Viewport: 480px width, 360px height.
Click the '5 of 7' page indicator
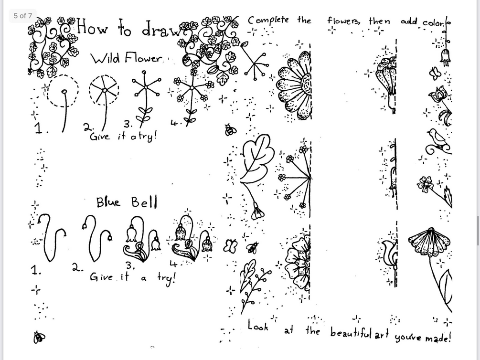click(22, 16)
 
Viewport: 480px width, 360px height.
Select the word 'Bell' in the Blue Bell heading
click(144, 202)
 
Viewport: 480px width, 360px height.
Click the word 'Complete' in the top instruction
click(268, 21)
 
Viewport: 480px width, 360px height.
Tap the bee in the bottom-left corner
click(39, 338)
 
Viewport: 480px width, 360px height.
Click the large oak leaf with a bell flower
click(256, 162)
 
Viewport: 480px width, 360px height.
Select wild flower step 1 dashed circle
click(63, 91)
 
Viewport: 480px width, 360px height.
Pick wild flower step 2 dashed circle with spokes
click(104, 90)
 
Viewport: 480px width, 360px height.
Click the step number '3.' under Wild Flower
click(128, 124)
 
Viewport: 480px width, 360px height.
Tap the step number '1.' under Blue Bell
click(36, 270)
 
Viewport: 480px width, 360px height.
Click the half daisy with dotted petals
click(294, 86)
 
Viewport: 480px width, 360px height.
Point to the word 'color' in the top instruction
click(433, 22)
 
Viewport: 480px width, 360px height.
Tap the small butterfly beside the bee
click(231, 245)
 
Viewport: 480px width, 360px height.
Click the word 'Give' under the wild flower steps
click(99, 136)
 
